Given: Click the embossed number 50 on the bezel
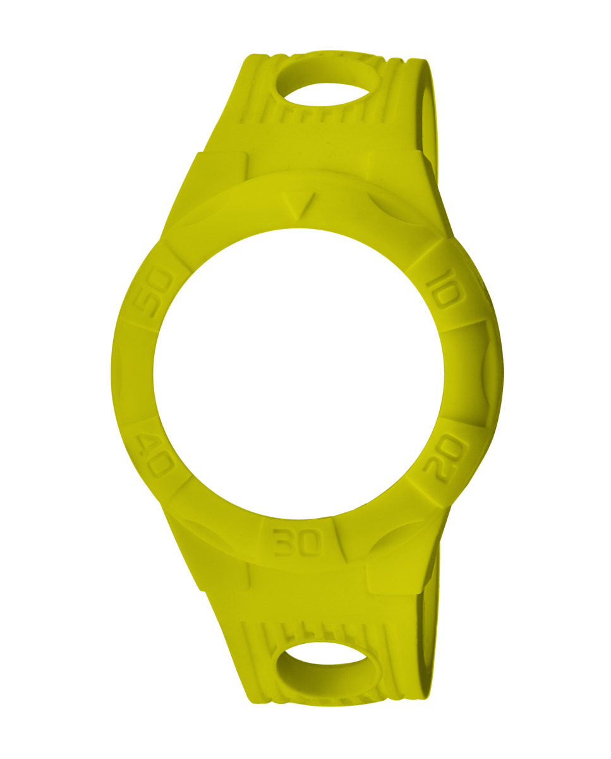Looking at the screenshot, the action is (154, 292).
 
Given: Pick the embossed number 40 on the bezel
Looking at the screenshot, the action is (155, 455).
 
